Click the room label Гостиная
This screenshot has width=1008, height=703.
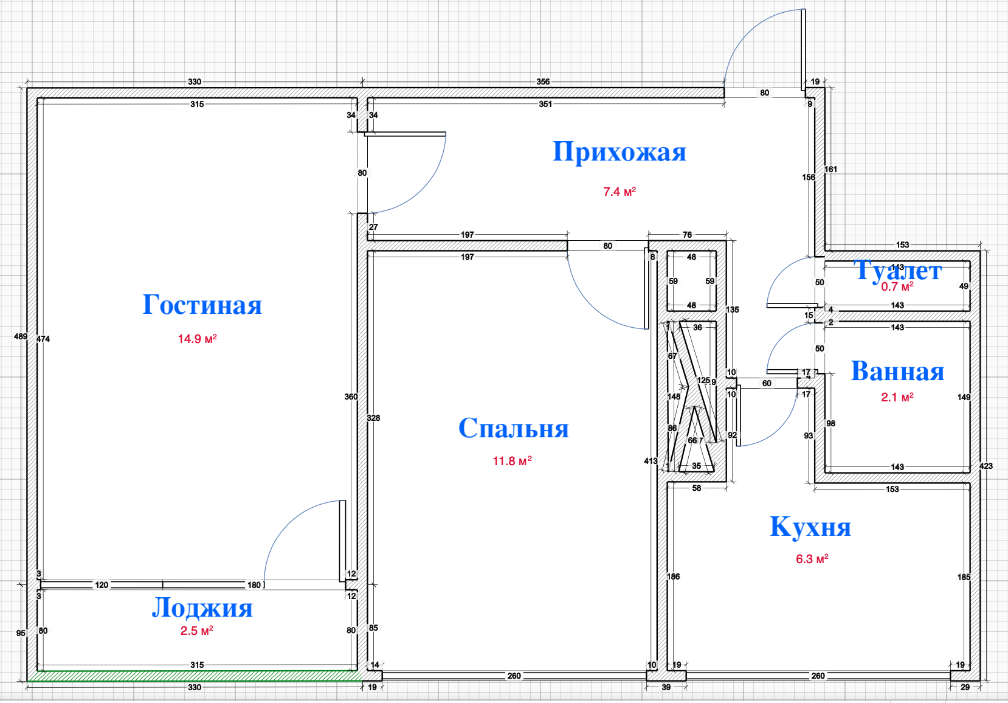click(x=202, y=305)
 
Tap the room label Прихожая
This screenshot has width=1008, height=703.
click(x=619, y=151)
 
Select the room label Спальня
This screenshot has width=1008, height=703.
click(x=513, y=428)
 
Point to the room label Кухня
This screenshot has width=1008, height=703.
click(x=810, y=527)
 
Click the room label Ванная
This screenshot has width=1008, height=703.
click(x=897, y=371)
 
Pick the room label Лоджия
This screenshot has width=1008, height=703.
click(x=202, y=608)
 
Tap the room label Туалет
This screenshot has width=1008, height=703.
click(x=897, y=270)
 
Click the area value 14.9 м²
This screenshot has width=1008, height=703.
click(x=197, y=339)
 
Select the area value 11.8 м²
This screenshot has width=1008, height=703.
click(x=512, y=461)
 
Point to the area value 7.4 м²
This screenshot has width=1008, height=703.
click(x=619, y=192)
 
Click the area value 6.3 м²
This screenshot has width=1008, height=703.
click(x=812, y=559)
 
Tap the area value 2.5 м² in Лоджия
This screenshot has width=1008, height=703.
click(x=196, y=631)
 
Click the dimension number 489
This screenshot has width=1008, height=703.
click(x=21, y=336)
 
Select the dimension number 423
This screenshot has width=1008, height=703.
click(x=986, y=466)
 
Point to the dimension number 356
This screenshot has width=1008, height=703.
click(x=543, y=81)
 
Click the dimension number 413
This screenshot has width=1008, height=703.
click(x=651, y=461)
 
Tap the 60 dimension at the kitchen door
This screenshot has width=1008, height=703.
click(x=767, y=383)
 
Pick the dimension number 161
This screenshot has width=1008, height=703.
click(x=830, y=169)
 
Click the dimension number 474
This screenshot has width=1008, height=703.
click(x=43, y=339)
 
